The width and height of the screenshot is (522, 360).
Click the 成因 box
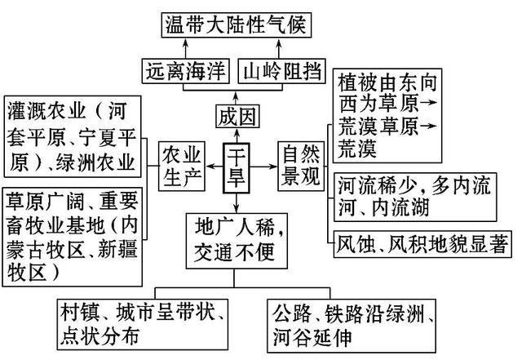pyautogui.click(x=236, y=115)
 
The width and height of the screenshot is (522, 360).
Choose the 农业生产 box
pyautogui.click(x=182, y=165)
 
